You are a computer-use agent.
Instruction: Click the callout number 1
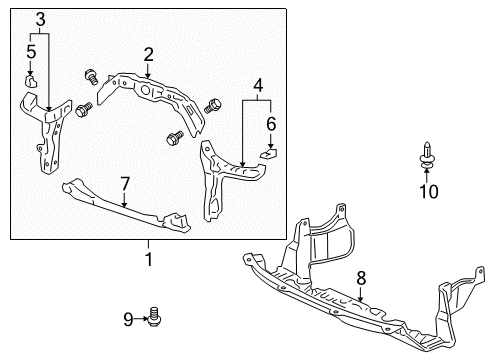point(149,259)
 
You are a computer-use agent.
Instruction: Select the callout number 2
point(149,54)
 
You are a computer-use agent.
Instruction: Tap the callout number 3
point(40,19)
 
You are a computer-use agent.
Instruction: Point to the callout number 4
point(258,85)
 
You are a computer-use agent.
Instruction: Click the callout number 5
point(31,52)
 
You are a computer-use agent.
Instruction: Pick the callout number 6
point(271,124)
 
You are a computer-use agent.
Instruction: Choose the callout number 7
point(125,184)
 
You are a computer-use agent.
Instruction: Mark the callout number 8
point(361,278)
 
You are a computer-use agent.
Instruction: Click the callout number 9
point(128,319)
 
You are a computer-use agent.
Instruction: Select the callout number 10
point(429,192)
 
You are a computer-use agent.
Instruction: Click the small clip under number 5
point(31,81)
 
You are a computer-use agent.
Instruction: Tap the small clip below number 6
point(269,153)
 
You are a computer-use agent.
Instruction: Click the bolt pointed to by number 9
point(154,316)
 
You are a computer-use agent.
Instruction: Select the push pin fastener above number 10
point(427,155)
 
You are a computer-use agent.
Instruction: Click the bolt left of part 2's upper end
point(91,76)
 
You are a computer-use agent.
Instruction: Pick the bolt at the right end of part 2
point(212,106)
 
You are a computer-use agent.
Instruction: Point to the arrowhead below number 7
point(124,205)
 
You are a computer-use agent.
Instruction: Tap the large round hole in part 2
point(145,90)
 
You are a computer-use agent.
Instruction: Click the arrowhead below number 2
point(148,76)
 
